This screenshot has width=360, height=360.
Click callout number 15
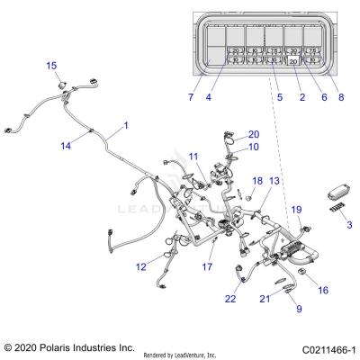coord(51,66)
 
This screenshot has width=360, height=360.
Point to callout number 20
coord(254,134)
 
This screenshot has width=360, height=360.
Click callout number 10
coord(254,147)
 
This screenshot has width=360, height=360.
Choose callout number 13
coord(274,181)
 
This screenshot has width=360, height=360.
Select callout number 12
coord(141,266)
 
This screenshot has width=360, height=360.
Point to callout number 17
coord(207,267)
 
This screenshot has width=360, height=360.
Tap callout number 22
coord(206,299)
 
